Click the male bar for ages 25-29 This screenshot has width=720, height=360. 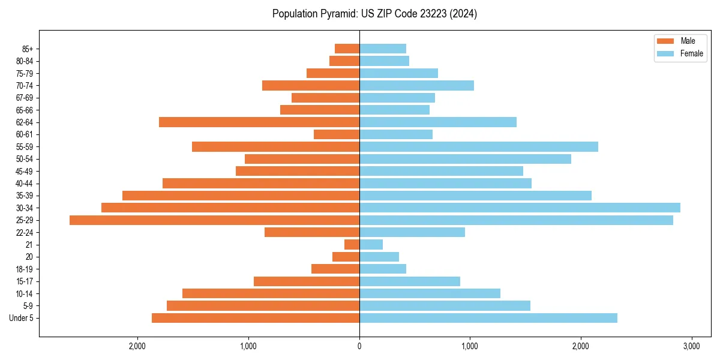[x=214, y=220]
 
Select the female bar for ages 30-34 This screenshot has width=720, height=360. [x=520, y=208]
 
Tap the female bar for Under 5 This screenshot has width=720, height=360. [x=488, y=318]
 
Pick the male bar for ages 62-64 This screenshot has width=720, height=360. [x=259, y=122]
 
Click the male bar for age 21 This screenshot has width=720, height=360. [x=352, y=245]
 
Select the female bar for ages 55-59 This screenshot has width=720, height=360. [x=478, y=147]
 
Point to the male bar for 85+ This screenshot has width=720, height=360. [x=347, y=49]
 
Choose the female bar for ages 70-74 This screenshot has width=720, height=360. [x=416, y=86]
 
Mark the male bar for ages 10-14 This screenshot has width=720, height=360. [x=271, y=293]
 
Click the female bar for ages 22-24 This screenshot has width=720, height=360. [x=412, y=232]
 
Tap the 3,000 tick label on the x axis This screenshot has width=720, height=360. [x=691, y=346]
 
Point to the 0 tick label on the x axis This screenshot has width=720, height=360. [x=359, y=346]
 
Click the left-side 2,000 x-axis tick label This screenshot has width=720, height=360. [x=137, y=346]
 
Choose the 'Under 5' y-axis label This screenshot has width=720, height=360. [x=21, y=318]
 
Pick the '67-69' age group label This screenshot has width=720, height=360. [x=24, y=98]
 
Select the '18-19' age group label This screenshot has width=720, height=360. [x=24, y=269]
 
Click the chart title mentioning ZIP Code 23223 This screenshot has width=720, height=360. [x=374, y=14]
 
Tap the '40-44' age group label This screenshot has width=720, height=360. [x=24, y=184]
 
